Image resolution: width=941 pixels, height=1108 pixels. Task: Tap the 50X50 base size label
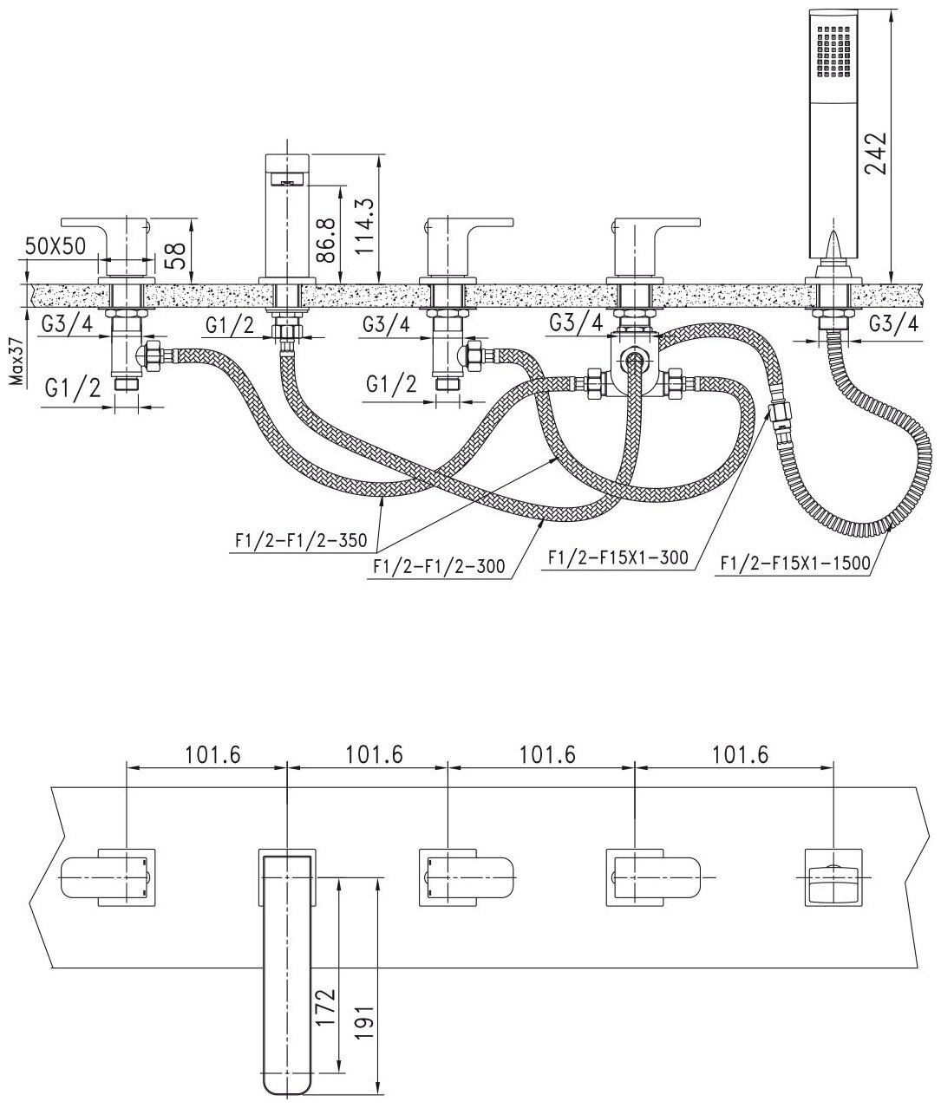56,245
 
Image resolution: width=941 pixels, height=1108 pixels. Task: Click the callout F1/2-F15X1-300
618,558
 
